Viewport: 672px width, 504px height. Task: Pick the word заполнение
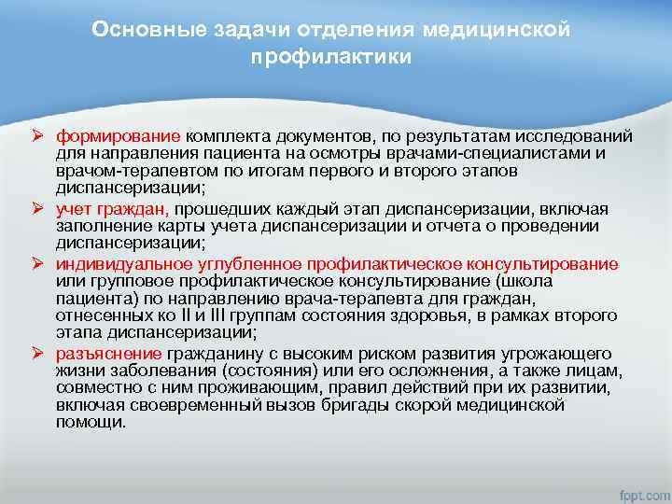click(x=96, y=225)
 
